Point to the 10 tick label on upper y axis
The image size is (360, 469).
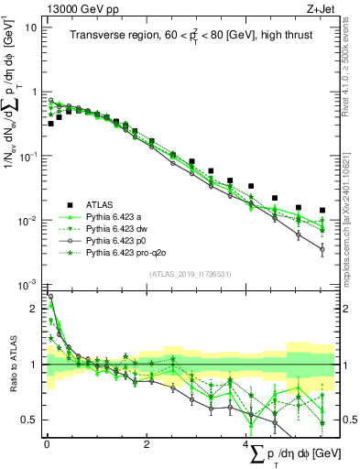(31, 27)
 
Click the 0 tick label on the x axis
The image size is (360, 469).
(47, 443)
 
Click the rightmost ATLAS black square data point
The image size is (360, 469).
(322, 210)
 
